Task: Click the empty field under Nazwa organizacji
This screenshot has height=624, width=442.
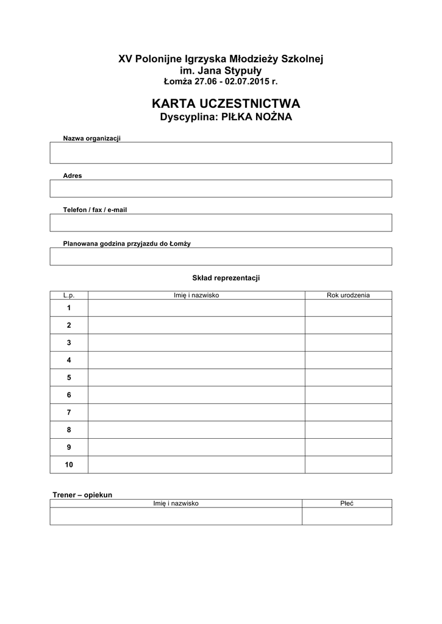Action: (x=221, y=153)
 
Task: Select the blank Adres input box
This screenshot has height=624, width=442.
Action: (x=221, y=188)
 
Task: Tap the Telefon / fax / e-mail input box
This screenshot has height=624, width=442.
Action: (x=221, y=222)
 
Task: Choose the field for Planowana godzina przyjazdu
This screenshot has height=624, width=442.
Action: (x=221, y=257)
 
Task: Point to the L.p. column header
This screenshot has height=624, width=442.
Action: (x=69, y=295)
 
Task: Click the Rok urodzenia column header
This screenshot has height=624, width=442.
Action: (x=348, y=295)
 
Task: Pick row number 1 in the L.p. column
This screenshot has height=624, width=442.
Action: (x=69, y=308)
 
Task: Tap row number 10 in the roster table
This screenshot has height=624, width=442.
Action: (x=69, y=465)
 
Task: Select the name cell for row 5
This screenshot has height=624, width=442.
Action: (x=196, y=378)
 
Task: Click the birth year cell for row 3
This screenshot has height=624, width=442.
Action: (x=348, y=342)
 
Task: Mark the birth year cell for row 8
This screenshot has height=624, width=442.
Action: (x=348, y=430)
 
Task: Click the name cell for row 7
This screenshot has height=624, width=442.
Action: (x=196, y=413)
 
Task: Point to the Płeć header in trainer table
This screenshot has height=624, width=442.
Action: (x=347, y=503)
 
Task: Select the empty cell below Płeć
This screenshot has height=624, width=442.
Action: (x=347, y=516)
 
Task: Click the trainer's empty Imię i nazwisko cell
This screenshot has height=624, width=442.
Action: (x=176, y=516)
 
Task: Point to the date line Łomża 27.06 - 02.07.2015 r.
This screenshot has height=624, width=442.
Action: (x=221, y=81)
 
